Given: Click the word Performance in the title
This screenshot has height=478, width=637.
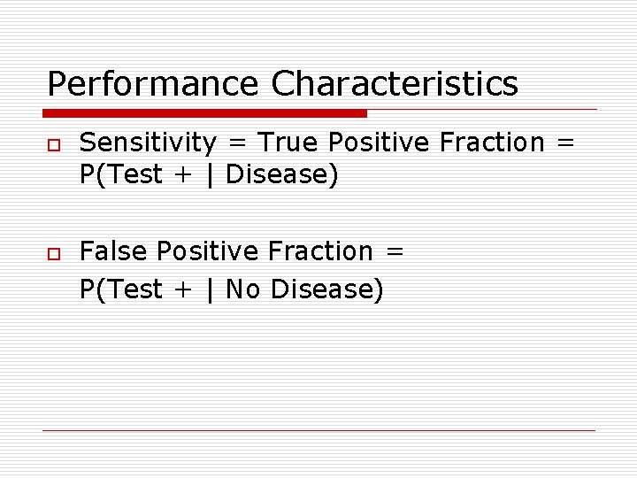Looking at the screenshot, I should [152, 84].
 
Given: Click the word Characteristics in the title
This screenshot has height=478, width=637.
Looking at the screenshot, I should [395, 84].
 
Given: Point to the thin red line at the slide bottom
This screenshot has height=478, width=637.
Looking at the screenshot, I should [318, 430].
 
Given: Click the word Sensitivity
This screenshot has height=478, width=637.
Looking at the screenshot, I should [148, 143].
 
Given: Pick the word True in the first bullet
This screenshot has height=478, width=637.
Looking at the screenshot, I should [287, 143].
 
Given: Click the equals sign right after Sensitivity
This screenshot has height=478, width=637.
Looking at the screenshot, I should [236, 143].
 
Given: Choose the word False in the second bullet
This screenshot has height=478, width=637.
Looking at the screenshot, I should [114, 252].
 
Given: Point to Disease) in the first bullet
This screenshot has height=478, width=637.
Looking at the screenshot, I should [282, 175].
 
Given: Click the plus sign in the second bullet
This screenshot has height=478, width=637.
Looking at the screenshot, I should [183, 290].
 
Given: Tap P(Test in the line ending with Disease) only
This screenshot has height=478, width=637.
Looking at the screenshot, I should [120, 175].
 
